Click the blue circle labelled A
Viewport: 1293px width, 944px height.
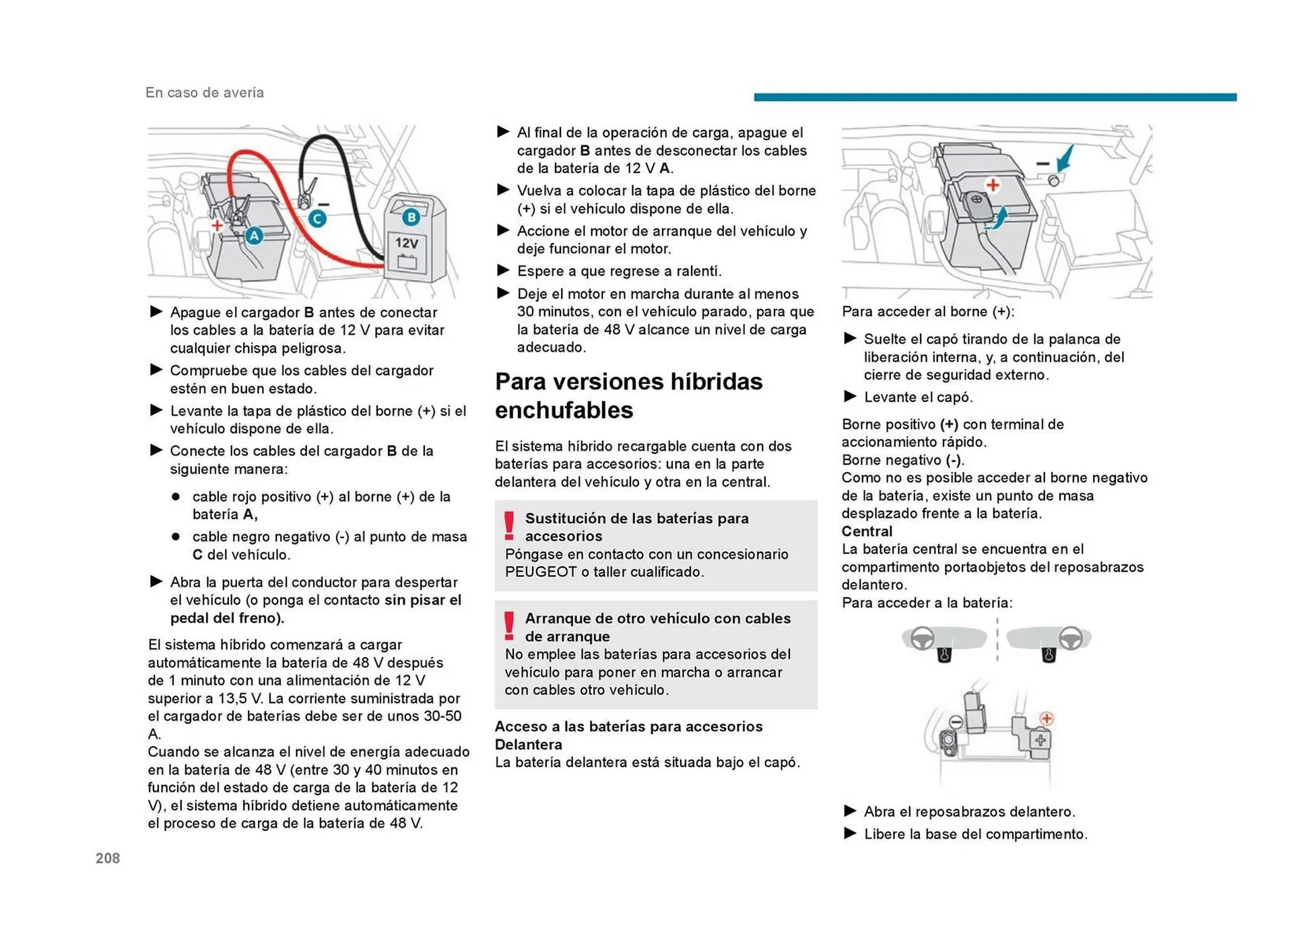tap(254, 236)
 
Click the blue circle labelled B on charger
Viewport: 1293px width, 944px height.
tap(411, 217)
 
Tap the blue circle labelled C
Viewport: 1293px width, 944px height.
tap(317, 219)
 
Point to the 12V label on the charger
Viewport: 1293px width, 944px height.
tap(407, 243)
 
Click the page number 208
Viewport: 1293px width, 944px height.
tap(108, 858)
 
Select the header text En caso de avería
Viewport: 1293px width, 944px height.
tap(205, 93)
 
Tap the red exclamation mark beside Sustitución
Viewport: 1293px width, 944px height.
tap(510, 526)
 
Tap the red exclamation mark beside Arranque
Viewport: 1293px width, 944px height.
tap(510, 626)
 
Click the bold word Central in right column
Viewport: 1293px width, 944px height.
tap(867, 531)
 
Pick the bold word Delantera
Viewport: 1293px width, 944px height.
tap(529, 744)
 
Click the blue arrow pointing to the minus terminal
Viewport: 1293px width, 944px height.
tap(1065, 160)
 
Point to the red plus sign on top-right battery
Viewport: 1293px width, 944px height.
tap(993, 184)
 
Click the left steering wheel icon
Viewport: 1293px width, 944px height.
tap(923, 638)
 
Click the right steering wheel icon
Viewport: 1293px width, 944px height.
tap(1071, 638)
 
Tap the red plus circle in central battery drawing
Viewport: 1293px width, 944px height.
tap(1047, 718)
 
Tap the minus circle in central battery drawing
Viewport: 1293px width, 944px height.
tap(955, 722)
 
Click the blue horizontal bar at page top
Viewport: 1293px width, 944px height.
tap(995, 98)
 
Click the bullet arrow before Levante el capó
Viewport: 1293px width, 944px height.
tap(850, 397)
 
